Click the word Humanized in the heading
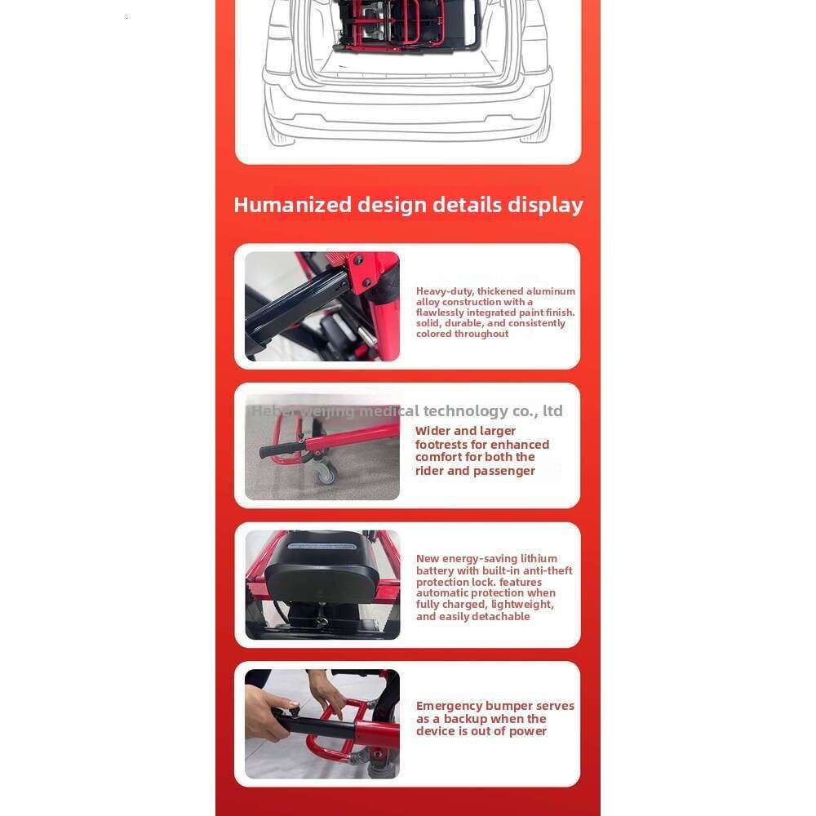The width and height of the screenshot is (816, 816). [x=292, y=205]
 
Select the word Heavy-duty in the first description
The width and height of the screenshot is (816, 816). [x=444, y=291]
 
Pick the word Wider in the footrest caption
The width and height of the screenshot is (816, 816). [x=432, y=431]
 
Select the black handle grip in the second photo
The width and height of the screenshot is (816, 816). [x=279, y=450]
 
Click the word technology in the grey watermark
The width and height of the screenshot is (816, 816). [x=466, y=410]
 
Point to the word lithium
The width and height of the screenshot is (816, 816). [x=539, y=558]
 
